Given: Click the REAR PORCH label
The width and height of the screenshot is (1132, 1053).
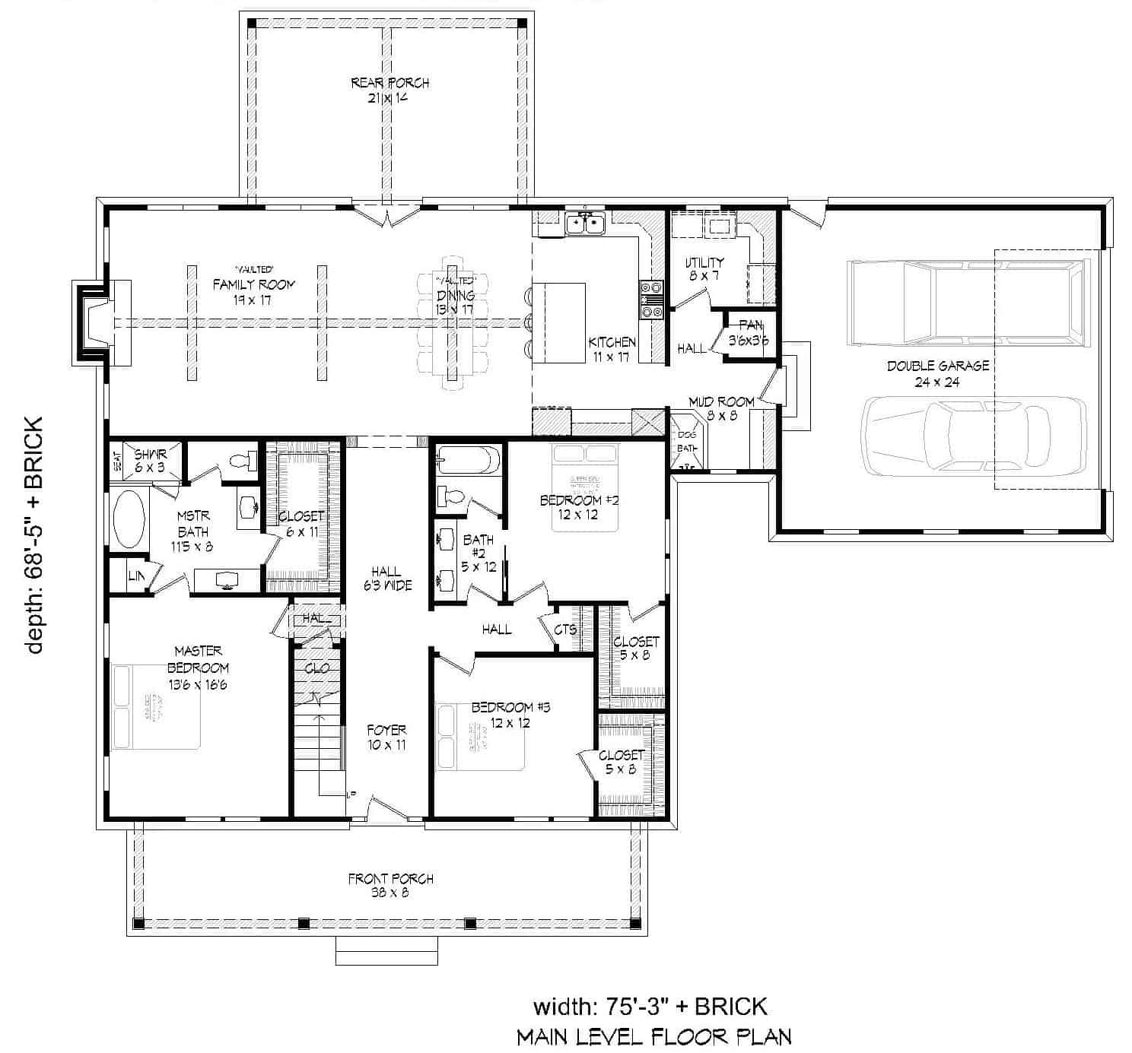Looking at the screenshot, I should click(x=390, y=90).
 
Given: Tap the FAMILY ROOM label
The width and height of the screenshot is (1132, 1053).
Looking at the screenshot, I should click(x=253, y=292).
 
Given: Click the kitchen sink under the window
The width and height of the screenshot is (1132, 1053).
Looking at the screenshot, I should click(x=584, y=224).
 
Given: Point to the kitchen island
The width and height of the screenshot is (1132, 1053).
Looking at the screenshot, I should click(x=559, y=322).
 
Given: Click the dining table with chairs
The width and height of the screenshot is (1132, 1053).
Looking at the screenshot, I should click(x=453, y=322).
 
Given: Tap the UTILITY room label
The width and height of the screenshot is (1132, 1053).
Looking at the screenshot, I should click(x=704, y=268).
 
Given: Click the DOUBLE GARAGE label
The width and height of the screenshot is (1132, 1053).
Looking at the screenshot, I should click(x=937, y=373).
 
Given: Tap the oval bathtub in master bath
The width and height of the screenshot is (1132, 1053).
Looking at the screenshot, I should click(x=129, y=519).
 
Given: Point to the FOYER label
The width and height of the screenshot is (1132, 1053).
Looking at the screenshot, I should click(x=386, y=737).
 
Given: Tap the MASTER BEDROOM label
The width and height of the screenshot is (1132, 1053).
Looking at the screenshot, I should click(x=198, y=668).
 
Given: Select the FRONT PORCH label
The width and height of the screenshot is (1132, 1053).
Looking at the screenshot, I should click(x=390, y=885).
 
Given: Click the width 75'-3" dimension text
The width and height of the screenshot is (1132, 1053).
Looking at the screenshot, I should click(x=650, y=1007).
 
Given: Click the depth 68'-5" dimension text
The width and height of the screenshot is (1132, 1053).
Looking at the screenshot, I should click(x=34, y=534).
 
